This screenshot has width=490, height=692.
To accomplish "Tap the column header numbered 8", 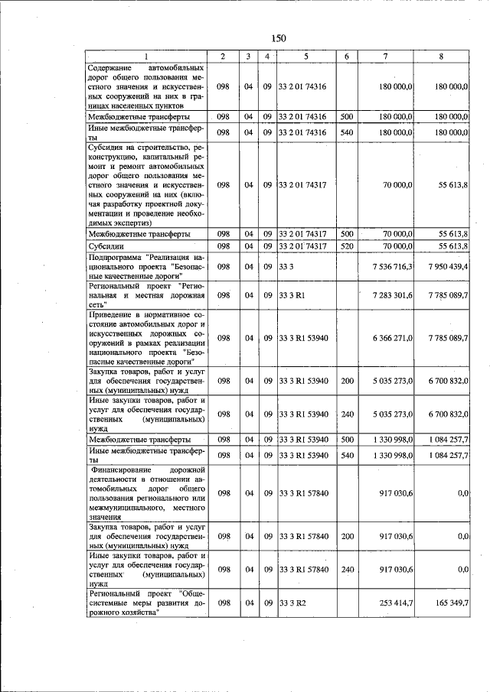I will pyautogui.click(x=440, y=57).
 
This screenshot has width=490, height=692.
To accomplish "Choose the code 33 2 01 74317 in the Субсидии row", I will pyautogui.click(x=303, y=245).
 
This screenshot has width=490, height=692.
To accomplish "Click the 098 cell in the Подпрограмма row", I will pyautogui.click(x=223, y=266).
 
